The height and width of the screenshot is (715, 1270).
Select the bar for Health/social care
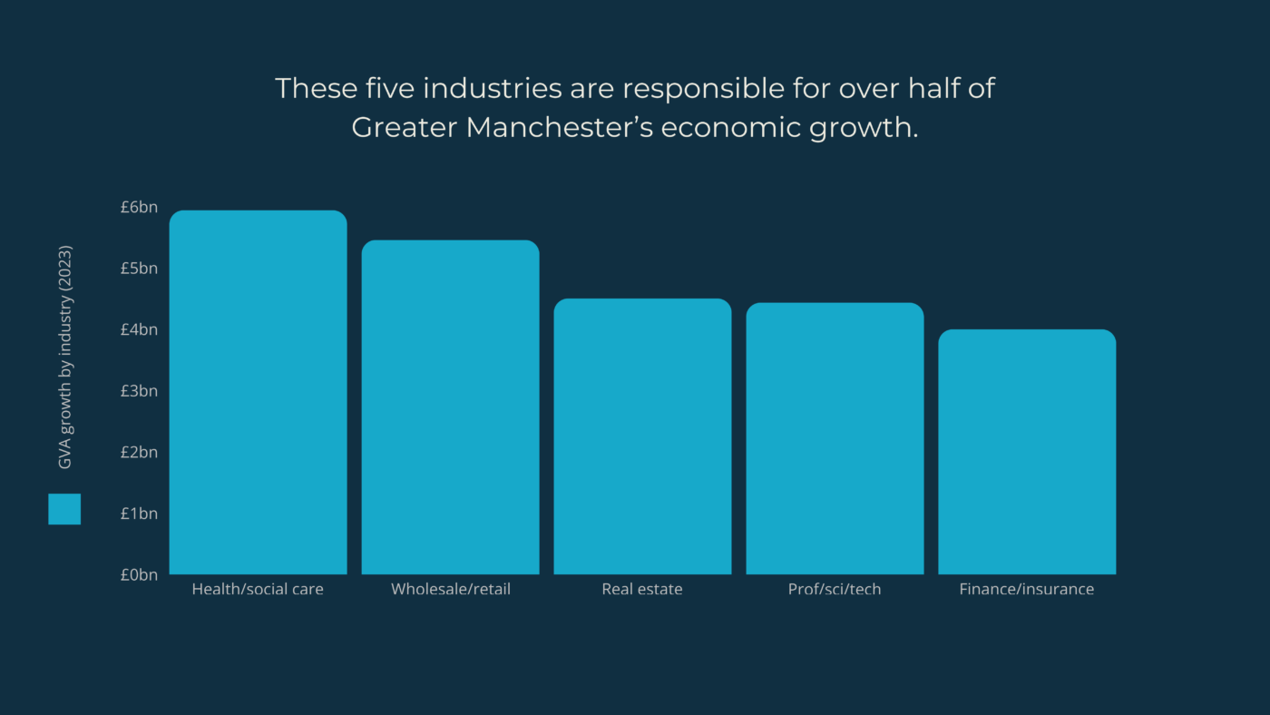pyautogui.click(x=258, y=392)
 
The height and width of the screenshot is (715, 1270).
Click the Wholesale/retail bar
pyautogui.click(x=450, y=407)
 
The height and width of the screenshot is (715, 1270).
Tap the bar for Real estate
pyautogui.click(x=642, y=436)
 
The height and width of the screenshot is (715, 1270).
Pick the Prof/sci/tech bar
pyautogui.click(x=835, y=438)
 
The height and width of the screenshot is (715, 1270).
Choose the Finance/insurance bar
pyautogui.click(x=1027, y=452)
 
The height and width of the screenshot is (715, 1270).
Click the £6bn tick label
pyautogui.click(x=139, y=207)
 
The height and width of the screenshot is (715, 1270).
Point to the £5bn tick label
pyautogui.click(x=139, y=269)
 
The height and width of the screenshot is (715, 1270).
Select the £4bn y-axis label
pyautogui.click(x=139, y=329)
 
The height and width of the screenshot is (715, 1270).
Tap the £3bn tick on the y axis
pyautogui.click(x=139, y=391)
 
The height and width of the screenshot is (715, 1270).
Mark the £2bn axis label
pyautogui.click(x=139, y=452)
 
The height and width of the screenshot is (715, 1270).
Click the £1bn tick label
pyautogui.click(x=139, y=514)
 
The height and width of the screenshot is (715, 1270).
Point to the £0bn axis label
pyautogui.click(x=139, y=574)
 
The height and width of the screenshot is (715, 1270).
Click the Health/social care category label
pyautogui.click(x=258, y=590)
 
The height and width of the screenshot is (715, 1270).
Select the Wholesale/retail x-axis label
pyautogui.click(x=451, y=590)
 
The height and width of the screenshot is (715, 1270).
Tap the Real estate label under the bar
pyautogui.click(x=642, y=590)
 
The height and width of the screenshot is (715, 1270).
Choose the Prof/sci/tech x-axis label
pyautogui.click(x=835, y=590)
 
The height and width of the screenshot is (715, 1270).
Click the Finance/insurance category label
pyautogui.click(x=1027, y=590)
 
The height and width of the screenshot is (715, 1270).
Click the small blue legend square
pyautogui.click(x=64, y=509)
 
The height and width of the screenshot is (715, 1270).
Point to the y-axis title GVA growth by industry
pyautogui.click(x=64, y=357)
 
